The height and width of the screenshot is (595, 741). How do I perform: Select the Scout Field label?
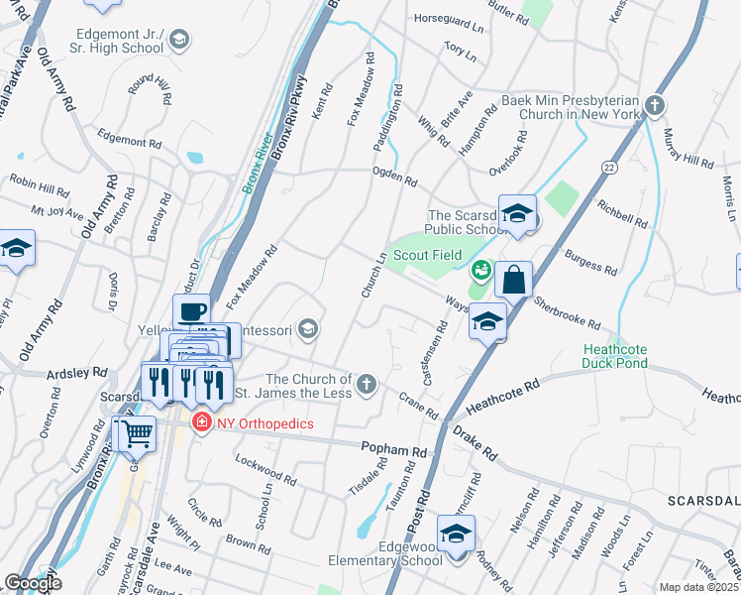(x=427, y=255)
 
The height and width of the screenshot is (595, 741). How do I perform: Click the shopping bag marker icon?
(x=513, y=281)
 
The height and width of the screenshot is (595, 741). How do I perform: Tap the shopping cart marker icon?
(x=138, y=432)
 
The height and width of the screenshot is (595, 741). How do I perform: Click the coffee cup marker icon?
(x=191, y=311)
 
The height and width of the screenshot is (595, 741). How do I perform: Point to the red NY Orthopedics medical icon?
(x=202, y=423)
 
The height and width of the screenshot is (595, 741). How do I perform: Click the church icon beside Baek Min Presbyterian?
(x=654, y=106)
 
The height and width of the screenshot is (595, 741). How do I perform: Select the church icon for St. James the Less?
(x=367, y=384)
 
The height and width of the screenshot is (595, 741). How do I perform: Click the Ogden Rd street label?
(x=394, y=181)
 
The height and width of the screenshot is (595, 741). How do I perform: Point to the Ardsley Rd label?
(x=77, y=374)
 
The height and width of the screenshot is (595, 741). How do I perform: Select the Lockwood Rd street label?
(x=265, y=469)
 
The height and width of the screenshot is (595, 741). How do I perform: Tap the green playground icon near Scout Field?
(x=481, y=269)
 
